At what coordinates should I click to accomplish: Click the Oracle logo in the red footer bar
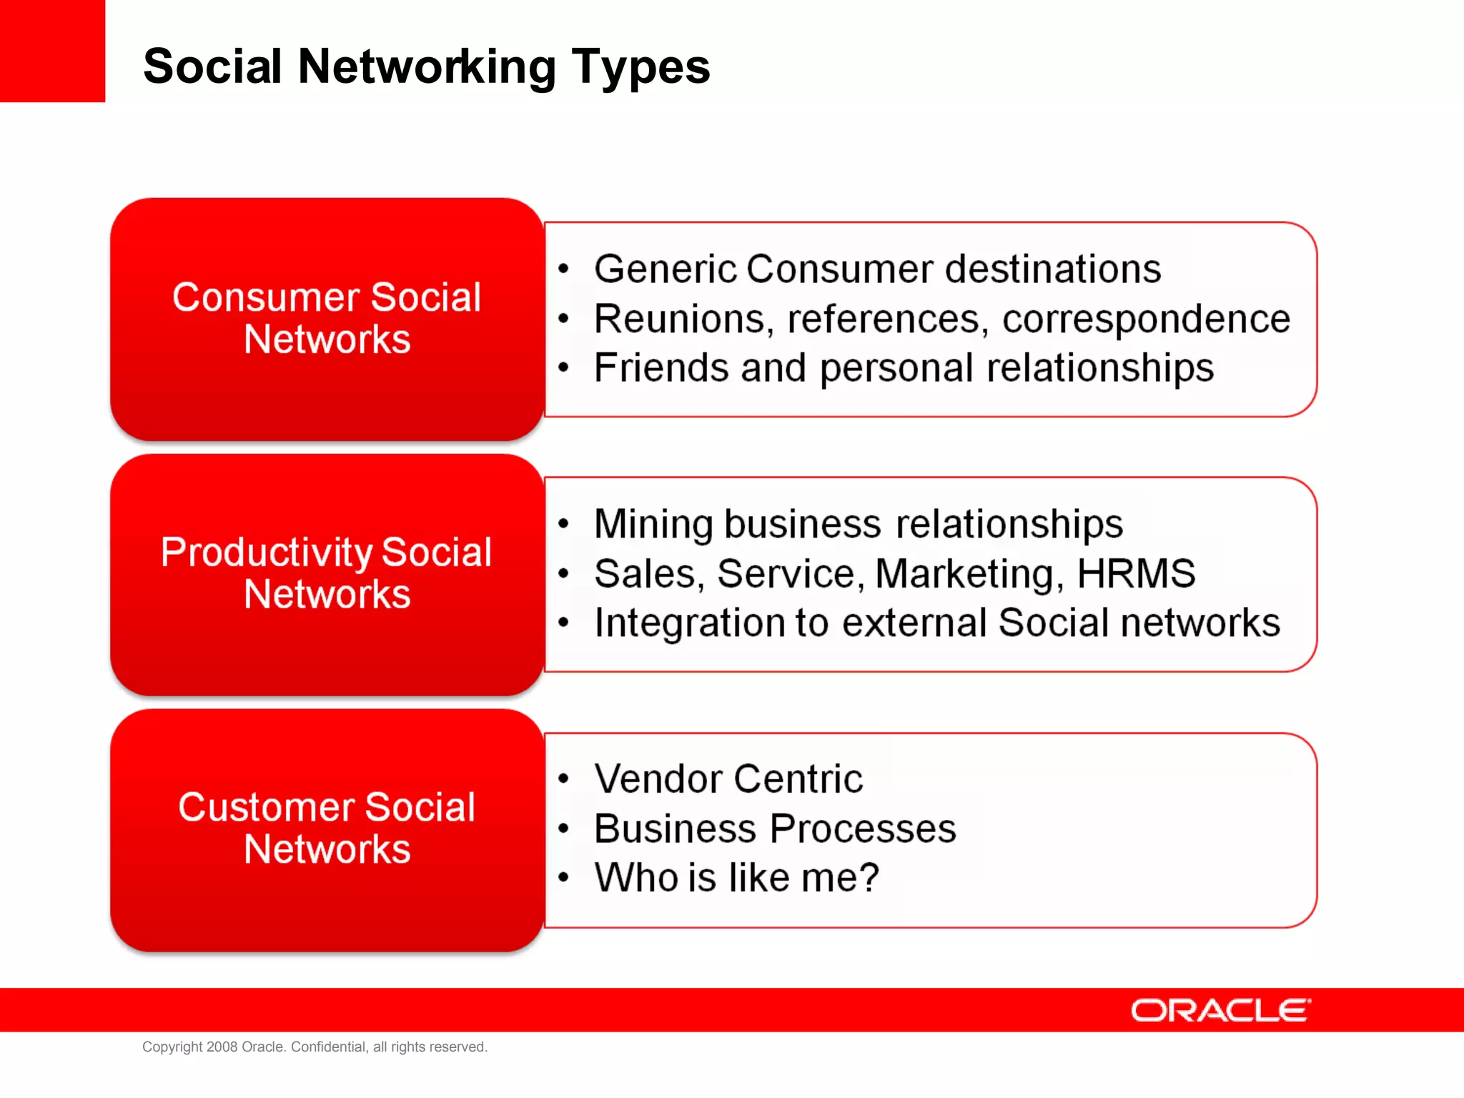point(1220,1011)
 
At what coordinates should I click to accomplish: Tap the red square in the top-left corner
point(52,51)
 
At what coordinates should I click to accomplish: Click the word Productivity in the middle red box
point(266,553)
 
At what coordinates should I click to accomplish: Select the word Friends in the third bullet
point(661,368)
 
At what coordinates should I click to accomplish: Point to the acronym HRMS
point(1135,574)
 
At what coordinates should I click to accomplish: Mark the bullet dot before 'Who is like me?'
point(564,878)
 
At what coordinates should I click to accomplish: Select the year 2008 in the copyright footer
point(222,1047)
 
